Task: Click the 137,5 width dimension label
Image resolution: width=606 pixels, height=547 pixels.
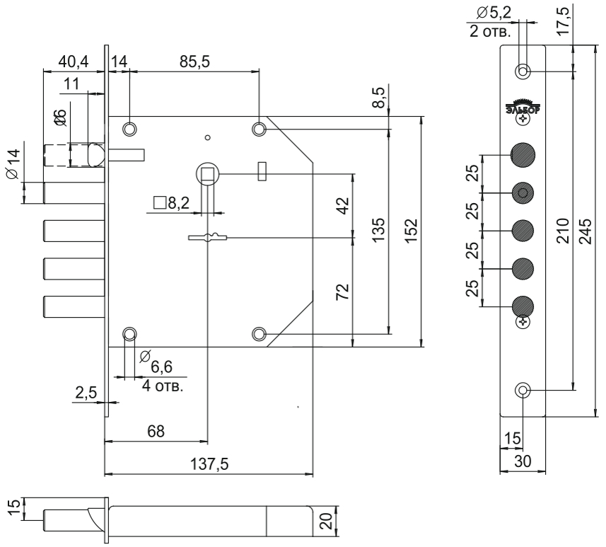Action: pos(209,463)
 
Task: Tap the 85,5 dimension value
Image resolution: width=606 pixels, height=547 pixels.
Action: pos(194,62)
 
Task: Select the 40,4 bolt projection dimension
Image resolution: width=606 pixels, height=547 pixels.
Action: pos(74,62)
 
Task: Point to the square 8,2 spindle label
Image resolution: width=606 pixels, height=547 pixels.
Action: pos(172,202)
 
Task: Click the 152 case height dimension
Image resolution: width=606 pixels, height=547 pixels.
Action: pos(412,231)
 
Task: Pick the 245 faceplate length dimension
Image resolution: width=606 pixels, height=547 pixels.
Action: pos(586,231)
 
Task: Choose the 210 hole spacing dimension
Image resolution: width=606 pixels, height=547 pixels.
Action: pos(563,231)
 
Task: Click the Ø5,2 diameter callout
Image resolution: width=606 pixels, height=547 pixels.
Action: pos(494,13)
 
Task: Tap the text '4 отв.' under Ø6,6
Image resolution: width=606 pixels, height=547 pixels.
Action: pos(163,386)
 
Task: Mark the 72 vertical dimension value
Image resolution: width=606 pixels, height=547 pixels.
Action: pos(342,292)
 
